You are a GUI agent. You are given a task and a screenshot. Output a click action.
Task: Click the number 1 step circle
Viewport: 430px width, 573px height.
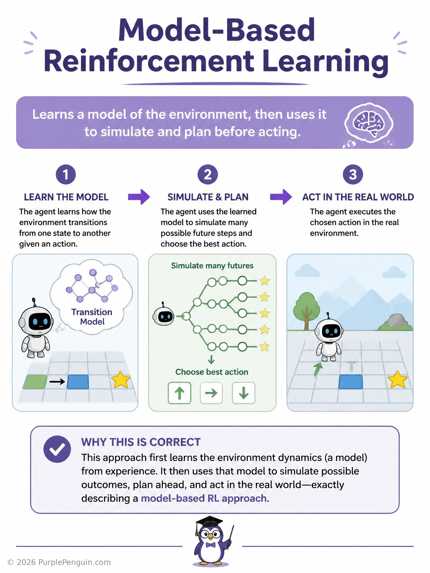tap(66, 175)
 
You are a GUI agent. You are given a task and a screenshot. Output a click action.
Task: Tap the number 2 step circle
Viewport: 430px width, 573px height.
tap(208, 175)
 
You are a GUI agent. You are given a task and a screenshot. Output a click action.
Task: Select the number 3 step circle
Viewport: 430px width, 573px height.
tap(353, 175)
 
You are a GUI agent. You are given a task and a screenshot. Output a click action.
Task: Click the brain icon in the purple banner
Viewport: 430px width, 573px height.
tap(369, 123)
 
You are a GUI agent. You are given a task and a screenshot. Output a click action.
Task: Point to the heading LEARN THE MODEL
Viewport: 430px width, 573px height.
tap(66, 197)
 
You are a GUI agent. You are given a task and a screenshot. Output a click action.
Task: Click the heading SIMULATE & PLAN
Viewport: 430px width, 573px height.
tap(208, 197)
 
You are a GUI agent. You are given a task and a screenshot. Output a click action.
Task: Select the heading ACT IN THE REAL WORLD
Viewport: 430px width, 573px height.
tap(358, 197)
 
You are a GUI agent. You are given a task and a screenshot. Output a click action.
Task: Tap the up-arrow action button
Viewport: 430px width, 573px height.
tap(179, 393)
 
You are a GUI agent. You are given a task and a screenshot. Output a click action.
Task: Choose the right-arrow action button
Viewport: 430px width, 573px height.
tap(211, 393)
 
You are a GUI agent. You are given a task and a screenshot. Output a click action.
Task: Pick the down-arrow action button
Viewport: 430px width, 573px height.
tap(244, 393)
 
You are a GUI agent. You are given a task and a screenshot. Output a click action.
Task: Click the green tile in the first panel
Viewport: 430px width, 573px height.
tap(35, 382)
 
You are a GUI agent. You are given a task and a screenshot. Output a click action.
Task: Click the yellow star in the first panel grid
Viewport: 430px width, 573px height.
tap(121, 380)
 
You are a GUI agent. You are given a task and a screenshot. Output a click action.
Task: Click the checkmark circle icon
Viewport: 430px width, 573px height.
tap(57, 449)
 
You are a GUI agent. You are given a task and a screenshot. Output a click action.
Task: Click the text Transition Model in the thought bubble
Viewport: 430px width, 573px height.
tap(92, 317)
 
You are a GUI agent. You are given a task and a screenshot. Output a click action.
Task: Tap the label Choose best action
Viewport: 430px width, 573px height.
tap(212, 372)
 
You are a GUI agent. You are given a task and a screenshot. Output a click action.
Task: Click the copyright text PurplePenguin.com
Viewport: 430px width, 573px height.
tap(59, 562)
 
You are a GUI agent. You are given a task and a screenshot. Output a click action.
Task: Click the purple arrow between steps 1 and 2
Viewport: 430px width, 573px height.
tap(139, 197)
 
